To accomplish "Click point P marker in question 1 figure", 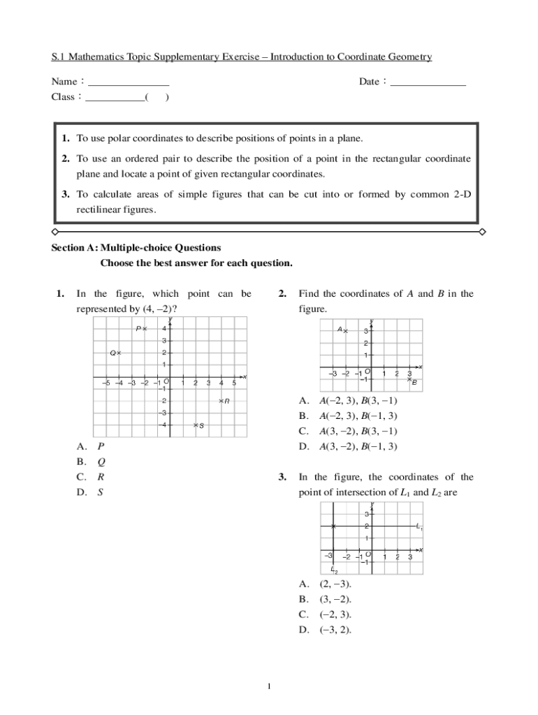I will point(145,328).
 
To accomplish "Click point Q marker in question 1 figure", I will point(119,353).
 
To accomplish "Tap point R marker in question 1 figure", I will point(221,401).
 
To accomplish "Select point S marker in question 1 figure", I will point(196,425).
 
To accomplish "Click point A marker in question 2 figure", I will point(345,331).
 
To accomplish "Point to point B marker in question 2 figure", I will point(410,379).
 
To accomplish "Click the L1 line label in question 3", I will point(419,526).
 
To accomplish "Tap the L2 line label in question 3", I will point(335,570).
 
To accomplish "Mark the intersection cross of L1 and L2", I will point(334,526).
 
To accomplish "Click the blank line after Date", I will point(428,82).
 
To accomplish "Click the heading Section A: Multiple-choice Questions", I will point(136,248).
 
